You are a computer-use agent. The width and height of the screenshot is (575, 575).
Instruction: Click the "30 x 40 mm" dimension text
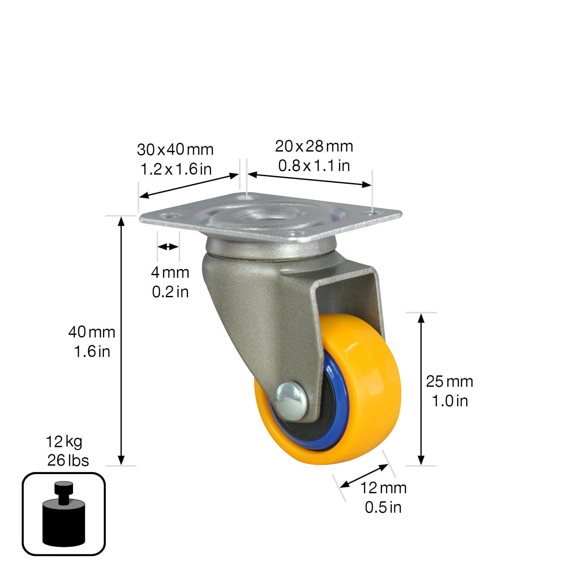tap(175, 150)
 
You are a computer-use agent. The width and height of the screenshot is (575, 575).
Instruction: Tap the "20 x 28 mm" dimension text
tap(314, 147)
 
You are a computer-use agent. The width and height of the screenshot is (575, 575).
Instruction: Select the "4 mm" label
tap(170, 272)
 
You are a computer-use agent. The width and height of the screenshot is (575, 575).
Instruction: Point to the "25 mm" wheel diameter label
tap(449, 382)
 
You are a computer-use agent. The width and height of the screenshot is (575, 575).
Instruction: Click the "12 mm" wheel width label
tap(384, 488)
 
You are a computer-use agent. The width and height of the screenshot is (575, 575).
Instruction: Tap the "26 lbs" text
tap(68, 460)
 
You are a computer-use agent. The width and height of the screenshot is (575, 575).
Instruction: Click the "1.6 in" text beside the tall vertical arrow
tap(92, 351)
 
